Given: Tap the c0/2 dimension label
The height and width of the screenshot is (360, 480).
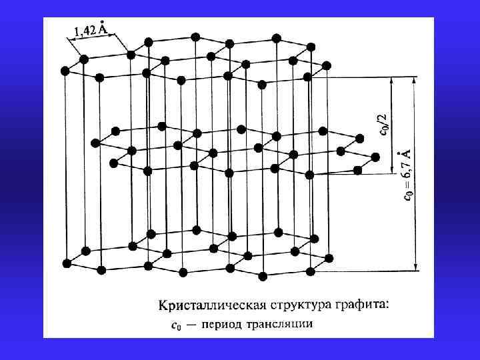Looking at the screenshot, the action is [383, 124].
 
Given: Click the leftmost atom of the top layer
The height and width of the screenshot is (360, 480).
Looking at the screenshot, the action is [65, 70].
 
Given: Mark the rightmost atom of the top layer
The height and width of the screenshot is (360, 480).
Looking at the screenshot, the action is [327, 66].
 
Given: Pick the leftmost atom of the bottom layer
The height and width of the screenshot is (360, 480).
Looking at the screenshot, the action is [67, 263].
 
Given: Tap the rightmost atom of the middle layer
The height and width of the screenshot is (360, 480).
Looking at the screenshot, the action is [375, 157].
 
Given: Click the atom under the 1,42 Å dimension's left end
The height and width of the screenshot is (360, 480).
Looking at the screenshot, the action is [84, 59].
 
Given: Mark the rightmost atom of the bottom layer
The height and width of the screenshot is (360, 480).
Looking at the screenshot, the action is [327, 258].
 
